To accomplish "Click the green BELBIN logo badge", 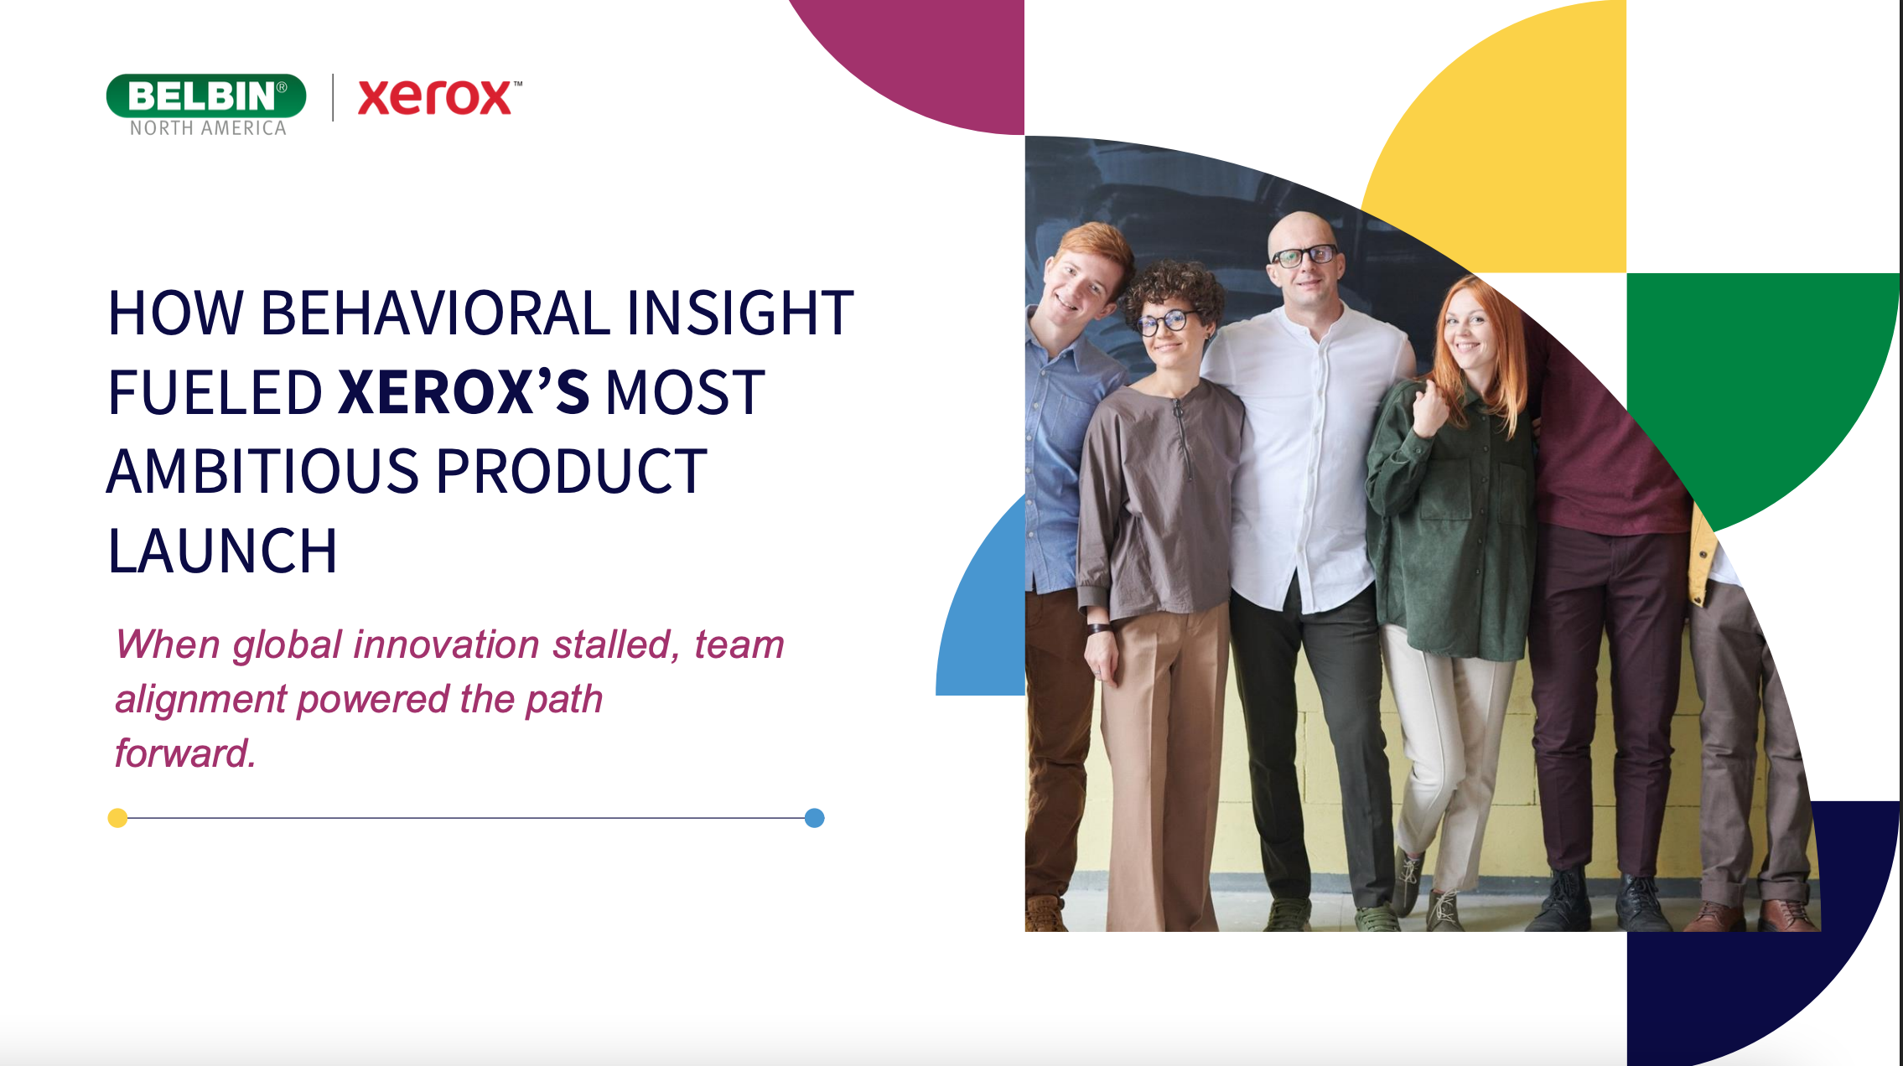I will [205, 96].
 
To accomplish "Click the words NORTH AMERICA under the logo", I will [208, 128].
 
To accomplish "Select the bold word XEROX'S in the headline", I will [464, 392].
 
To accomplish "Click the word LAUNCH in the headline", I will [222, 551].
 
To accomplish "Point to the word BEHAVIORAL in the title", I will [435, 313].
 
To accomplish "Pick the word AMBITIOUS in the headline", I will [262, 472].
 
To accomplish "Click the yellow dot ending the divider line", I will [117, 818].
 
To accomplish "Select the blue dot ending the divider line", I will [814, 818].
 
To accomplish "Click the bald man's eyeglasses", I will [1304, 255].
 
